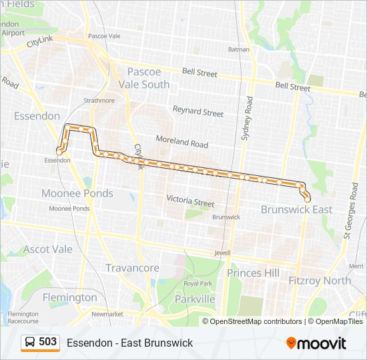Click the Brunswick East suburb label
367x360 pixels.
296,209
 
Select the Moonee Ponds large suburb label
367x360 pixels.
77,193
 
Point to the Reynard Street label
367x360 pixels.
198,111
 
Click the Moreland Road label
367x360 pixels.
182,141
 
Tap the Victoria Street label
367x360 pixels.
190,201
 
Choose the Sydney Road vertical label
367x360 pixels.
247,118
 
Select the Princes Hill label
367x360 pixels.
254,273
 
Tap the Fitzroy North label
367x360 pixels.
320,281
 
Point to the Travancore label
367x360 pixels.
132,268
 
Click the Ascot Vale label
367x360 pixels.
47,249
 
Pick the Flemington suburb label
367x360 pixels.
69,297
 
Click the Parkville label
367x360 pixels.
195,299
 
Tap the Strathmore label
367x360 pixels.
99,101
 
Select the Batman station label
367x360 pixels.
238,49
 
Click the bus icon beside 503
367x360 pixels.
30,342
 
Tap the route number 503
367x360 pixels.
47,342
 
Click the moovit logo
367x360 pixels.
316,343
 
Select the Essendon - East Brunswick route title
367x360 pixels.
129,343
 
